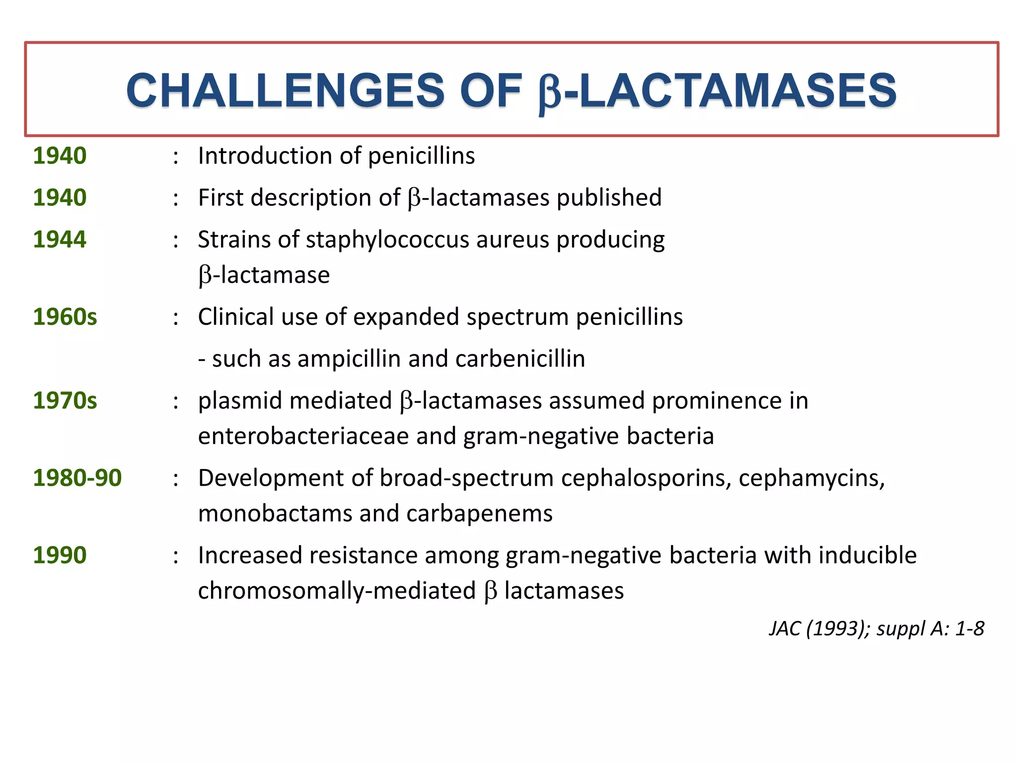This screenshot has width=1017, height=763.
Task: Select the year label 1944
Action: [60, 239]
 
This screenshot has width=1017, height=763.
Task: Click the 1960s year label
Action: [65, 317]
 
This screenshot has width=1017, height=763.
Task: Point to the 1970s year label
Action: [65, 400]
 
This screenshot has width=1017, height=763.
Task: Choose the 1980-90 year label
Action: [77, 478]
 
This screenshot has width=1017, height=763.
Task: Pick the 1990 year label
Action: [60, 555]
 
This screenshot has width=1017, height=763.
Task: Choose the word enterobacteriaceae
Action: [303, 436]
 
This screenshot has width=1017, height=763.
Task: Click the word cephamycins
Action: [811, 478]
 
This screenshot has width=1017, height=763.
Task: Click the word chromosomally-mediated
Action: [337, 591]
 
